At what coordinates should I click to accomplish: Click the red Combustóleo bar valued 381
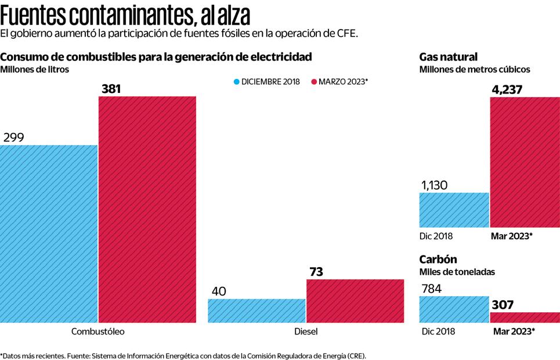click(147, 209)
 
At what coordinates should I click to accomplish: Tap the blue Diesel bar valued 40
click(256, 311)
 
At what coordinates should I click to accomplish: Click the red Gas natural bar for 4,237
click(525, 162)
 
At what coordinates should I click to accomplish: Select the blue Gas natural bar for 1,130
click(454, 210)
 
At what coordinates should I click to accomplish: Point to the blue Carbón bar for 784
click(454, 309)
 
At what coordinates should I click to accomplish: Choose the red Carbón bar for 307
click(525, 317)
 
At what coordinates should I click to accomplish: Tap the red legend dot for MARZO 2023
click(314, 82)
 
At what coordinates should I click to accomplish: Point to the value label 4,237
click(508, 89)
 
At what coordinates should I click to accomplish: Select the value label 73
click(316, 272)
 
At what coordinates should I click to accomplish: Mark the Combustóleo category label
click(97, 332)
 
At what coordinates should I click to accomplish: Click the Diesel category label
click(306, 332)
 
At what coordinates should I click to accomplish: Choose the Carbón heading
click(438, 260)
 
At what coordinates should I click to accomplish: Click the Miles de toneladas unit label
click(458, 272)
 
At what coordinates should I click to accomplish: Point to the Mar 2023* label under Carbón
click(514, 332)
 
